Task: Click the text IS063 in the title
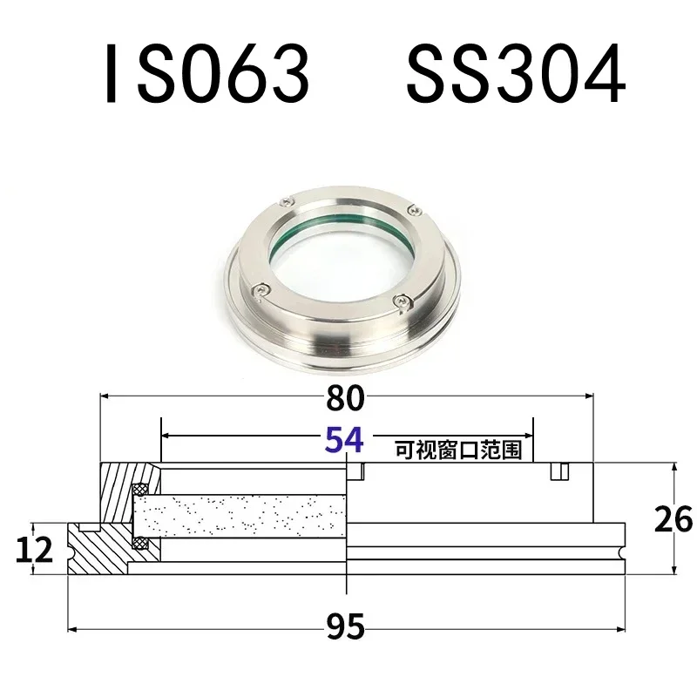tap(206, 75)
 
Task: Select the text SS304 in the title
tap(515, 75)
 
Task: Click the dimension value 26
tap(673, 520)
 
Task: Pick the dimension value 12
tap(33, 549)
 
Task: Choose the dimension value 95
tap(346, 626)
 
